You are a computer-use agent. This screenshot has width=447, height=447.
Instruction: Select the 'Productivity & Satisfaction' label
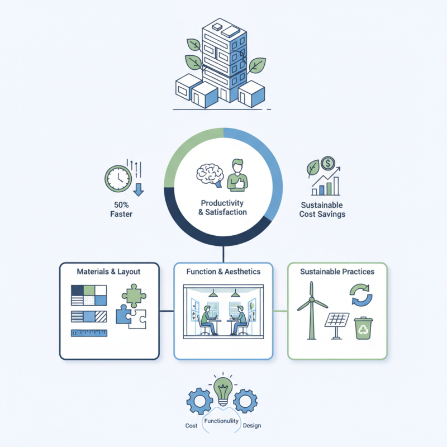click(x=223, y=207)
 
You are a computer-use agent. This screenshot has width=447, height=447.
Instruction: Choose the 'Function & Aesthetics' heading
click(x=223, y=272)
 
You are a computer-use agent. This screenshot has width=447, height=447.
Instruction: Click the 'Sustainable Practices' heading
click(x=337, y=272)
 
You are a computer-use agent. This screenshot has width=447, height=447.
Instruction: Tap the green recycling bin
click(x=364, y=329)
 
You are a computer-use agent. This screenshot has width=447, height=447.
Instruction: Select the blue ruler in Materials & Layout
click(x=89, y=333)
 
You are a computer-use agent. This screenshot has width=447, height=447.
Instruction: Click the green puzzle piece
click(x=133, y=296)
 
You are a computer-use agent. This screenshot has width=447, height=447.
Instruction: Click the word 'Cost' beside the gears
click(x=191, y=425)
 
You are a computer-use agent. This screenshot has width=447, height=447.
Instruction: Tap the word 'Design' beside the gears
click(x=252, y=425)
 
